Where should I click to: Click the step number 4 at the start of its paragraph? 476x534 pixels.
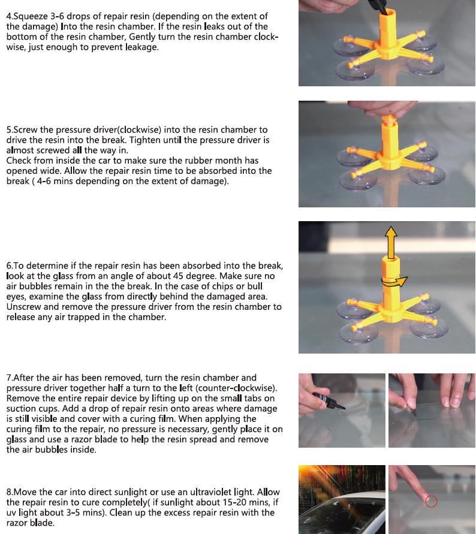point(8,16)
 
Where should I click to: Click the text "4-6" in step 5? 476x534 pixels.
point(44,181)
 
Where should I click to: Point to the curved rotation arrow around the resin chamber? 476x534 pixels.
point(394,282)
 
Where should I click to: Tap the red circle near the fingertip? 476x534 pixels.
point(431,501)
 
